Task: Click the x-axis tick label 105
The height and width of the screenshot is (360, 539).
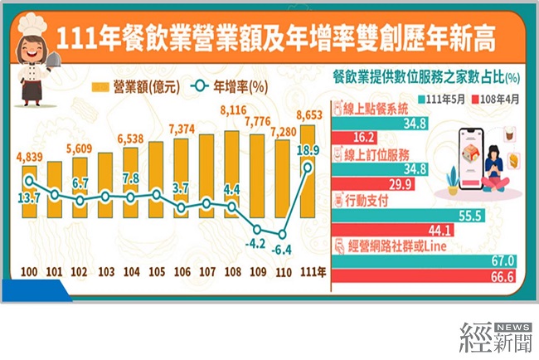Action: [x=156, y=272]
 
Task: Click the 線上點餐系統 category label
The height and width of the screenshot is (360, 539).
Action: [x=378, y=109]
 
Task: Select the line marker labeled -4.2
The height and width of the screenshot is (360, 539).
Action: [x=257, y=229]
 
